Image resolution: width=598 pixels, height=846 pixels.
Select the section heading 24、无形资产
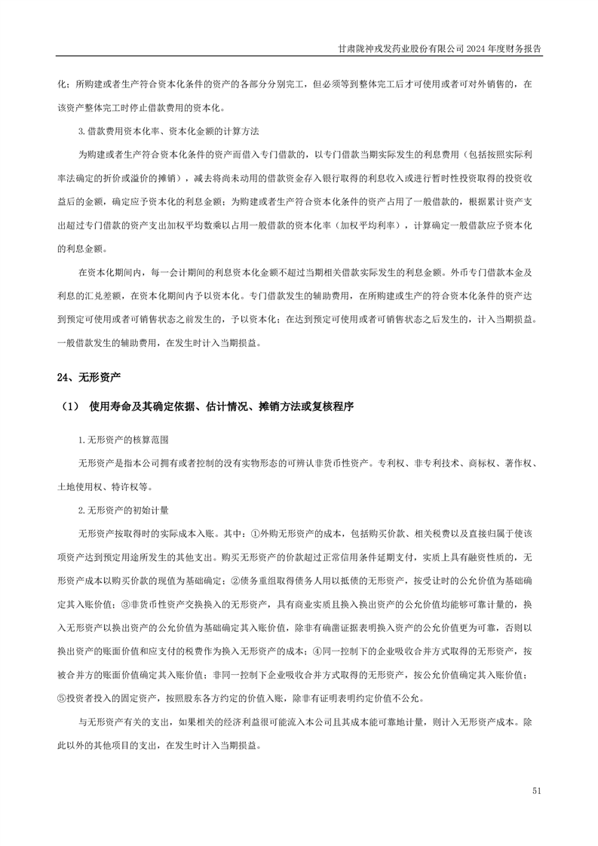click(x=89, y=376)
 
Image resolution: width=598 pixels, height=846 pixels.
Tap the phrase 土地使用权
click(x=79, y=487)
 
